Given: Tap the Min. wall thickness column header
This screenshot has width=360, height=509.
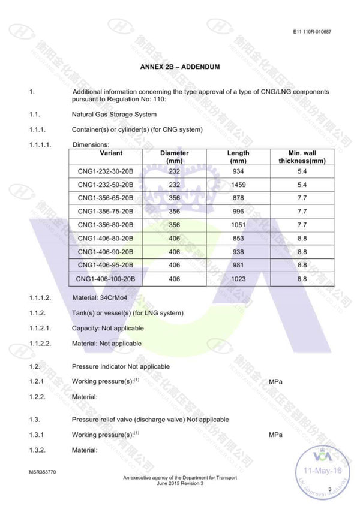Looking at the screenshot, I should click(x=302, y=157).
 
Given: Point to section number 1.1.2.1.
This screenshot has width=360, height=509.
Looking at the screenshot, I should click(x=40, y=329).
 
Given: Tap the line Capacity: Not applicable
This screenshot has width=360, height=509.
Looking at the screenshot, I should click(x=107, y=329).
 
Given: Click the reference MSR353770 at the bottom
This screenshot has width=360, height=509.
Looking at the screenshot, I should click(x=42, y=472).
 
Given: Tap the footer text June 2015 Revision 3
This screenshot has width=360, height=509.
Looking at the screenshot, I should click(x=180, y=483).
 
